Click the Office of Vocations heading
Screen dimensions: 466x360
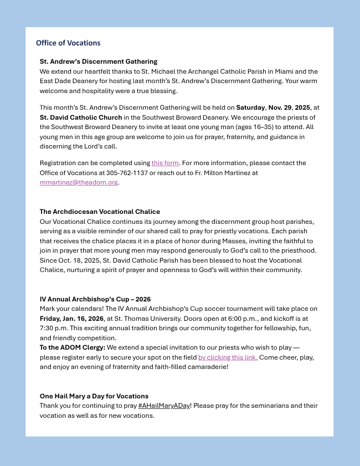point(68,43)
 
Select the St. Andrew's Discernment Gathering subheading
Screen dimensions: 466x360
point(99,62)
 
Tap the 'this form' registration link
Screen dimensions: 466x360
point(165,163)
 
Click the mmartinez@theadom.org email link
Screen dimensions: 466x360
point(79,182)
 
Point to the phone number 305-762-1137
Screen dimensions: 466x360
point(121,173)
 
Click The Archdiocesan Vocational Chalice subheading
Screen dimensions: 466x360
point(100,212)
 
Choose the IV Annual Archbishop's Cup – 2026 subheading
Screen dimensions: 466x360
point(95,299)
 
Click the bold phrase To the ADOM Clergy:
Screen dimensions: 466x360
point(72,347)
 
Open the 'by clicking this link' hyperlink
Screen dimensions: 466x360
point(228,357)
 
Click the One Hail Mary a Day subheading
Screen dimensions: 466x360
point(94,396)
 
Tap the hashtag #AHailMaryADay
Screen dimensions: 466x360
point(164,406)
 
